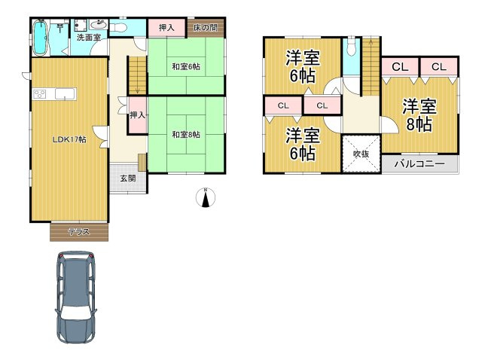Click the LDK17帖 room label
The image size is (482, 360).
(x=69, y=139)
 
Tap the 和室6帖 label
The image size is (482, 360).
(x=186, y=66)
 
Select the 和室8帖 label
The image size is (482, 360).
(x=186, y=135)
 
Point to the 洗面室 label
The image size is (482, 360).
(x=89, y=38)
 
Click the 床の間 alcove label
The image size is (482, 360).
(x=206, y=28)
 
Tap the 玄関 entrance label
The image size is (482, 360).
(x=128, y=178)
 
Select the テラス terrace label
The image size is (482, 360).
(x=79, y=232)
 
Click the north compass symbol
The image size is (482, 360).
(x=206, y=197)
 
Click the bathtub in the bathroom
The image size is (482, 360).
(x=40, y=38)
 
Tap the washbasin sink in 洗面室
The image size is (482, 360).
(x=99, y=24)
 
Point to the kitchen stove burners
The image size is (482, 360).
(x=39, y=94)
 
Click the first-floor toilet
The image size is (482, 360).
(x=118, y=27)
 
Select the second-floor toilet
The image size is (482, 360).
(x=351, y=47)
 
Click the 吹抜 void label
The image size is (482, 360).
(x=361, y=154)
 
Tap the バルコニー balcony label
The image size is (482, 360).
(x=419, y=163)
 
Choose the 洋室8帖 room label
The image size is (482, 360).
(x=419, y=115)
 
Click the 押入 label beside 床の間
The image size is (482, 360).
(x=166, y=28)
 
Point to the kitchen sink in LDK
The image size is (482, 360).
(x=65, y=94)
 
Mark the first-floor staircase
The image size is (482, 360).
(x=137, y=75)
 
